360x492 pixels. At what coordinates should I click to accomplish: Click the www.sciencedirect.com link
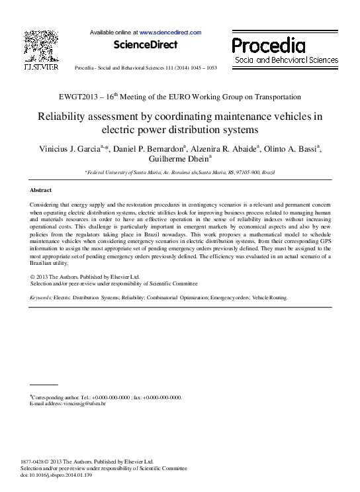(170, 32)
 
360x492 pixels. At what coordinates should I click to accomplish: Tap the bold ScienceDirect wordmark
(146, 45)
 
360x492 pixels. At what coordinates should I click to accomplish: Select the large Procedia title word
(269, 46)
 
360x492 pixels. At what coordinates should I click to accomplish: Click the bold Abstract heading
(45, 190)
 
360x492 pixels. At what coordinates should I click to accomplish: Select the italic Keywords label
(42, 298)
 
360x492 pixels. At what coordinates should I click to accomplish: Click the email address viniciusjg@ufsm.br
(87, 403)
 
